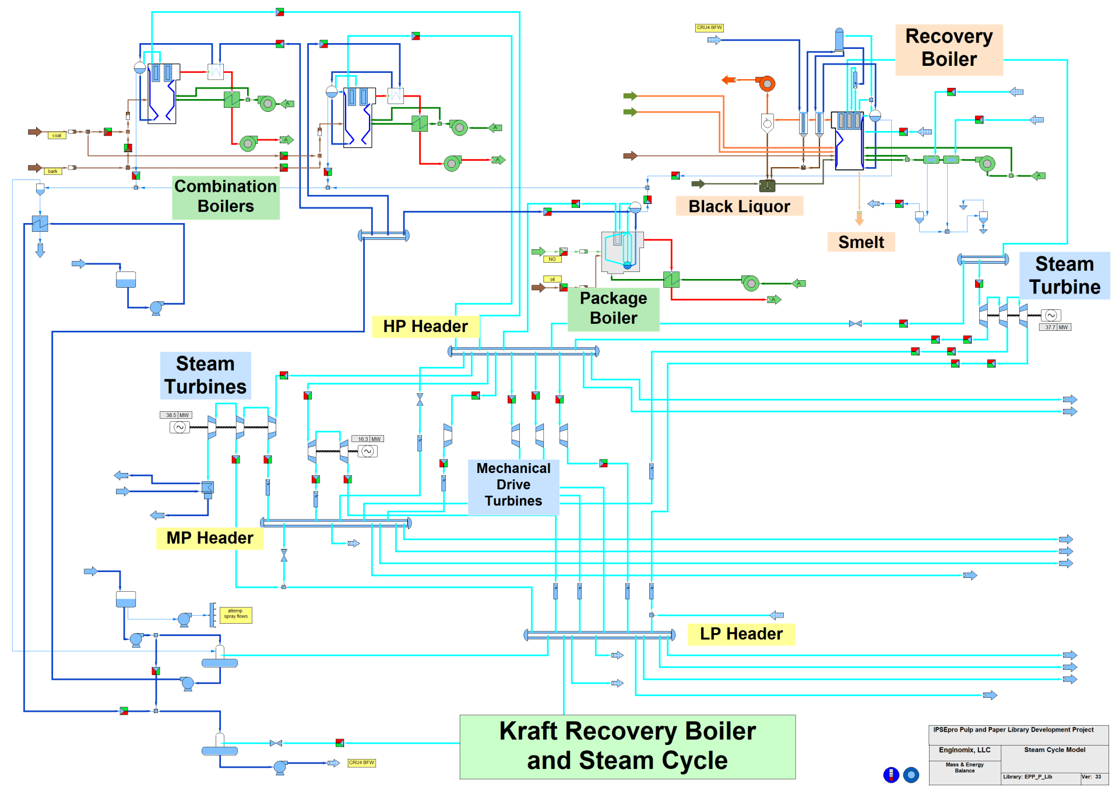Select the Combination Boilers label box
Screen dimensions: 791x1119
[x=226, y=197]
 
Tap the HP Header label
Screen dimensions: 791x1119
[x=425, y=327]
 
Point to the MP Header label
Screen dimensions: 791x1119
[x=210, y=538]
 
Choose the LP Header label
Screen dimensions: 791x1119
[x=741, y=634]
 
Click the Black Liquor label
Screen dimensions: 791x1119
[x=739, y=207]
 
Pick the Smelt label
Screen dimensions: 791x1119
[x=861, y=242]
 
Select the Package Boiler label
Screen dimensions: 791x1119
[x=613, y=309]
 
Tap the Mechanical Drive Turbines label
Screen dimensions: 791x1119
[x=513, y=485]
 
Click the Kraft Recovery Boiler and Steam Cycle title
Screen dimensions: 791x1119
[x=627, y=747]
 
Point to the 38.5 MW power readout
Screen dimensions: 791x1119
[x=176, y=415]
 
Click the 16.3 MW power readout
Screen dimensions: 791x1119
[x=368, y=439]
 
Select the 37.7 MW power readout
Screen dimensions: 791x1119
[x=1055, y=327]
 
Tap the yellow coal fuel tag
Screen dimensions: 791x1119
[x=57, y=136]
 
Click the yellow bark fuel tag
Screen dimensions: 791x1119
[x=53, y=171]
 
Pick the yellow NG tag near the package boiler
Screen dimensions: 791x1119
[x=552, y=259]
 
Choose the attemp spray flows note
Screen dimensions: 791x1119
[x=236, y=615]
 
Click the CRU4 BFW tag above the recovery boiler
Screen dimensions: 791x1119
[x=709, y=28]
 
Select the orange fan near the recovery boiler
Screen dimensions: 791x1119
[x=767, y=84]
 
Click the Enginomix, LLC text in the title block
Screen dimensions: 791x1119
[x=965, y=750]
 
